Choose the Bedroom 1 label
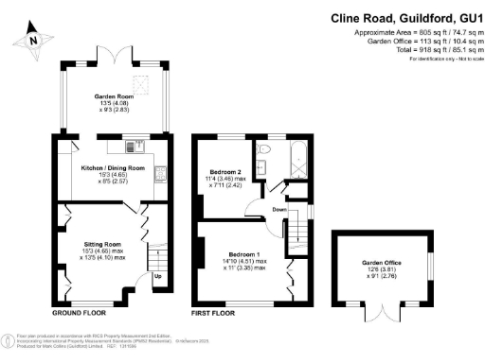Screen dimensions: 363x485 (238, 254)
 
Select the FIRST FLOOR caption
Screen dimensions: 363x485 (214, 312)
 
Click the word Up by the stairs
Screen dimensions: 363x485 (157, 277)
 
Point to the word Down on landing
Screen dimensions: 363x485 (280, 210)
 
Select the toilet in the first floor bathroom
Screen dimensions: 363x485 (264, 149)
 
